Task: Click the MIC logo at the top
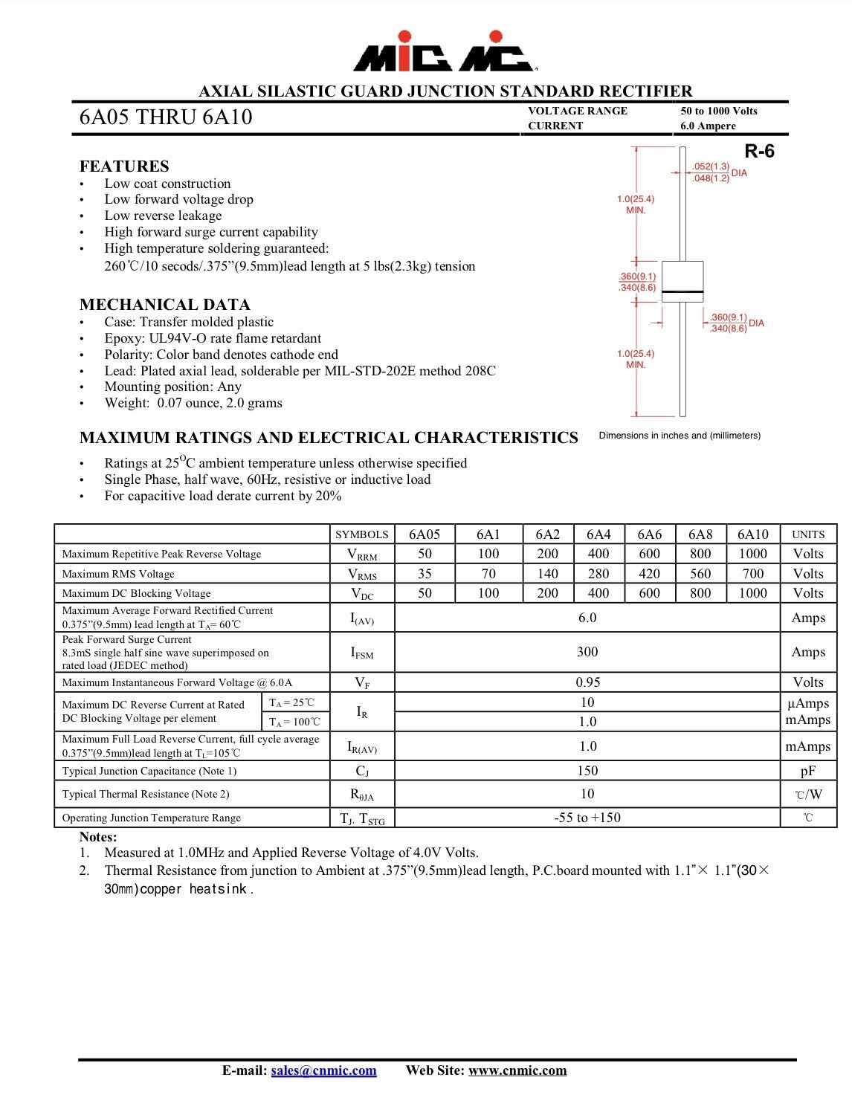tap(443, 52)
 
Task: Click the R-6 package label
tap(759, 152)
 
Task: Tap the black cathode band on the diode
tap(682, 291)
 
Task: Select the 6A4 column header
tap(598, 534)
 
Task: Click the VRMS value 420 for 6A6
tap(649, 574)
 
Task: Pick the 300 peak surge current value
tap(587, 652)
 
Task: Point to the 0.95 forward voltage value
tap(587, 682)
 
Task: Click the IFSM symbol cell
tap(362, 653)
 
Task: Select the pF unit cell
tap(807, 772)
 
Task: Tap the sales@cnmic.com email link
tap(323, 1070)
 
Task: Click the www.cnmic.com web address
tap(517, 1070)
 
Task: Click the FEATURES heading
tap(124, 167)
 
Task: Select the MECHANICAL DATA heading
tap(165, 305)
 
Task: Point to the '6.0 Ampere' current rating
tap(708, 126)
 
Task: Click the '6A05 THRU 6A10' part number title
tap(166, 117)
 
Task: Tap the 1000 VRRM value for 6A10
tap(752, 554)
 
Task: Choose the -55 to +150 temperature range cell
tap(587, 818)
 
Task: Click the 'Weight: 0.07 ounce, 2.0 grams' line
tap(193, 403)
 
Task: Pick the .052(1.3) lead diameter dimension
tap(711, 167)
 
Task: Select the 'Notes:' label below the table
tap(98, 837)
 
